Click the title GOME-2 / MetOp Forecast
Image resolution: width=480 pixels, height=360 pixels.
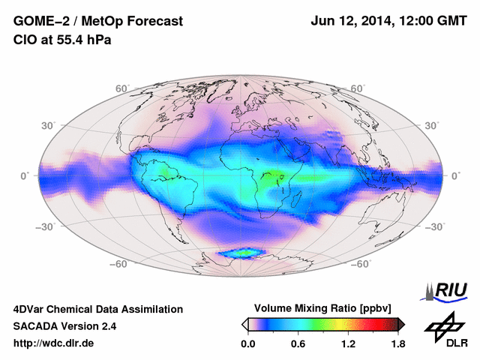pos(97,22)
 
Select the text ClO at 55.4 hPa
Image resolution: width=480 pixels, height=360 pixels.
pos(62,40)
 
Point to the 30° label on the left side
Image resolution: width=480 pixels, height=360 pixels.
pos(49,126)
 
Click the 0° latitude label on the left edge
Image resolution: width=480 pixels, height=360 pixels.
pos(24,175)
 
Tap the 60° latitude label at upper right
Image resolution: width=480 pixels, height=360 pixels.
pos(358,89)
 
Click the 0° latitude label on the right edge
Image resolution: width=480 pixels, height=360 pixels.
pos(456,175)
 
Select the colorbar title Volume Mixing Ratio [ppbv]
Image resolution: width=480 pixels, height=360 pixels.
pos(323,308)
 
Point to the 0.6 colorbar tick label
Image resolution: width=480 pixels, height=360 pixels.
pos(298,344)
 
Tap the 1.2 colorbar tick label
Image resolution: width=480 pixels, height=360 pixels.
pos(348,344)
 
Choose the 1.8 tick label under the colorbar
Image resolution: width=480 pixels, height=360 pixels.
pos(397,344)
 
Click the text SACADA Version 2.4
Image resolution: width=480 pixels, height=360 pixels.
pos(64,326)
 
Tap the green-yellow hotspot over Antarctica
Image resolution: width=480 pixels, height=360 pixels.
pos(242,253)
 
